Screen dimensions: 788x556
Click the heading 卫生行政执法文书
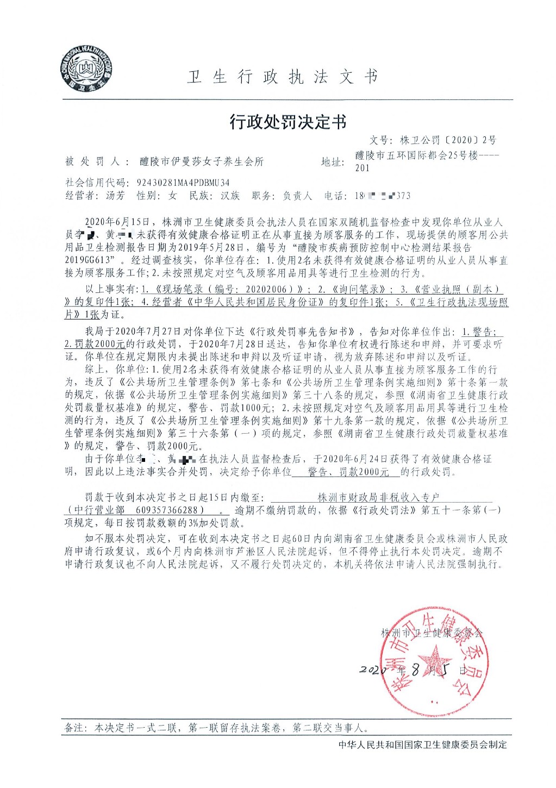[283, 77]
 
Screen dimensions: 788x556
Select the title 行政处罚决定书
[288, 122]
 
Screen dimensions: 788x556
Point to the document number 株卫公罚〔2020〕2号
[447, 140]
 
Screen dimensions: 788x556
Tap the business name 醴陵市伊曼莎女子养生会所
[202, 161]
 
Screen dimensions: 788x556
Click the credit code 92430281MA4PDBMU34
[183, 183]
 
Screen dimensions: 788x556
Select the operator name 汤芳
[115, 196]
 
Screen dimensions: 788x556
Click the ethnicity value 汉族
[230, 196]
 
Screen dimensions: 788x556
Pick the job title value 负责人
[297, 196]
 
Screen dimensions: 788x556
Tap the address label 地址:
[332, 162]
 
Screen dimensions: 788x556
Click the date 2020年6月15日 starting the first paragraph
[117, 222]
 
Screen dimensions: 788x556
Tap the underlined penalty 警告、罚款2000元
[348, 472]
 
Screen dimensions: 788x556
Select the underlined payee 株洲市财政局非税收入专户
[378, 497]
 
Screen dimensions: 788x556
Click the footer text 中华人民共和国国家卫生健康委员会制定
[422, 744]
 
